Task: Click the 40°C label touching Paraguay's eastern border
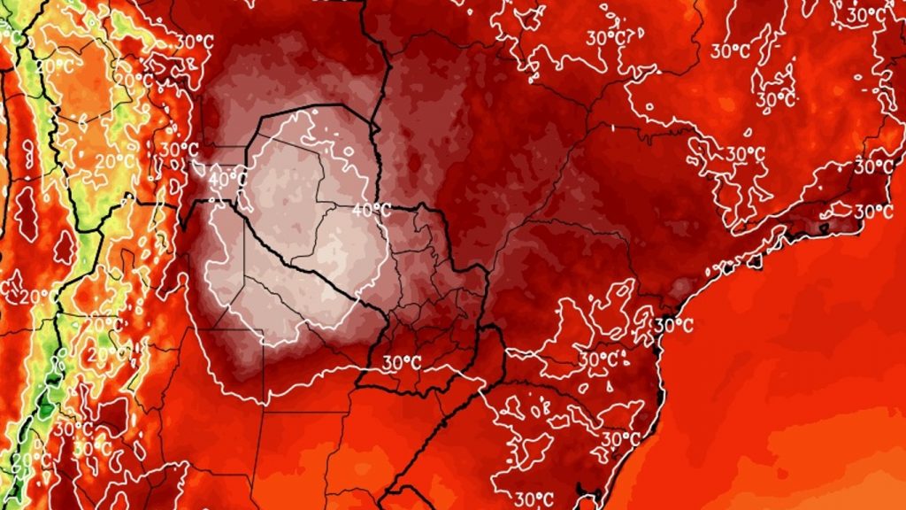coord(372,211)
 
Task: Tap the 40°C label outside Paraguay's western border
coord(227,178)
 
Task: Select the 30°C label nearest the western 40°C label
coord(178,149)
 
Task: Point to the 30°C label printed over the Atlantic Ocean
coord(673,325)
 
